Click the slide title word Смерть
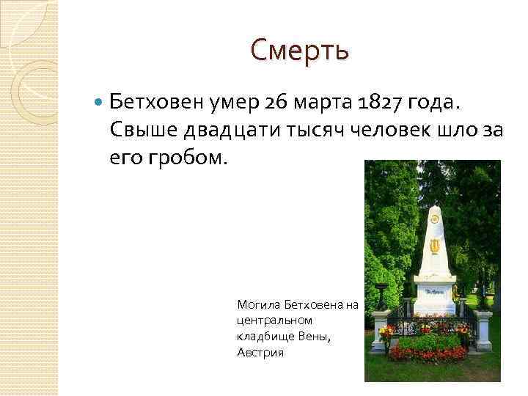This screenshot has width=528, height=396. coord(299,51)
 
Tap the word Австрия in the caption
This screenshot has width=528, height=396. coord(260,352)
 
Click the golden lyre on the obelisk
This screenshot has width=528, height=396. coord(434,244)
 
